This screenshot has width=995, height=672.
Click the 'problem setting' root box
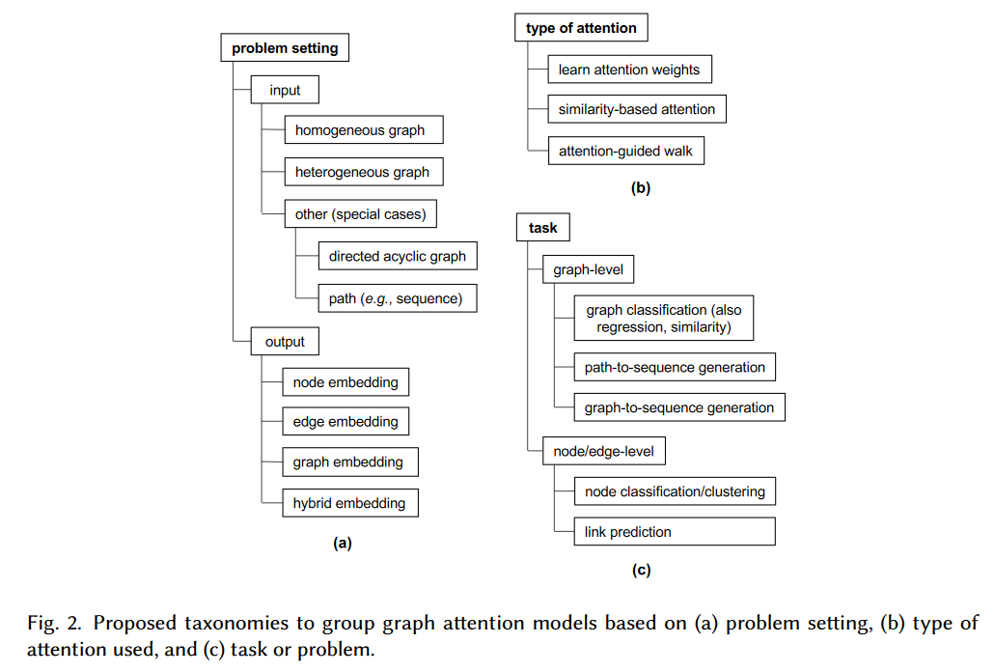click(x=285, y=47)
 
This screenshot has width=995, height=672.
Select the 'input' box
click(x=285, y=90)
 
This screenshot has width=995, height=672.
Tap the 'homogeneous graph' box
click(x=364, y=129)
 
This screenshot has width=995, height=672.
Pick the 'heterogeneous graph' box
click(x=364, y=172)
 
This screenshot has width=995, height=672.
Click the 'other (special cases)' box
click(x=360, y=213)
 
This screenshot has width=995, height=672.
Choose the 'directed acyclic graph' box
click(x=398, y=256)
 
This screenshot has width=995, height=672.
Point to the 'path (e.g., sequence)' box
click(x=398, y=298)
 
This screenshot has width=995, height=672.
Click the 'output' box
click(x=285, y=342)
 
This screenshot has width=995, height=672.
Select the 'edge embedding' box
click(x=345, y=421)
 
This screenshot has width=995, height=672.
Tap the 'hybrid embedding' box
click(x=350, y=503)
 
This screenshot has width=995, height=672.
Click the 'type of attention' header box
click(x=581, y=27)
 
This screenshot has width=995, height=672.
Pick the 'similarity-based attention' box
click(x=637, y=109)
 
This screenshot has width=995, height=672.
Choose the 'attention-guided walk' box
click(x=626, y=151)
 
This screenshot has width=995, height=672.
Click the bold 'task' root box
click(x=543, y=227)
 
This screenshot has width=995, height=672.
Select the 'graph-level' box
click(x=589, y=269)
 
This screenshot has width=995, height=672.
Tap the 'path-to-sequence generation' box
click(x=675, y=367)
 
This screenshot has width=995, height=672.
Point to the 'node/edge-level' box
click(x=604, y=451)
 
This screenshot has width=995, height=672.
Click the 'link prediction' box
click(x=675, y=531)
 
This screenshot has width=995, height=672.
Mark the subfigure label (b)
click(x=641, y=188)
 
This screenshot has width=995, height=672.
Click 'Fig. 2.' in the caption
click(x=55, y=623)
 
